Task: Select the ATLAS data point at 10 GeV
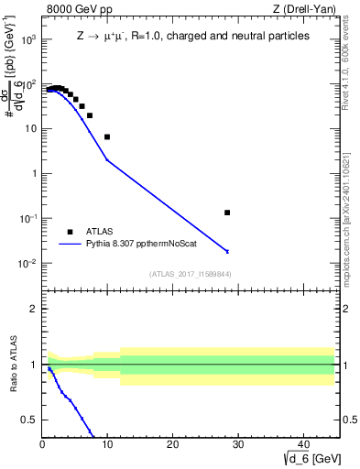click(107, 136)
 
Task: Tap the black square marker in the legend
click(70, 232)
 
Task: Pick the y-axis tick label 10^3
click(28, 39)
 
